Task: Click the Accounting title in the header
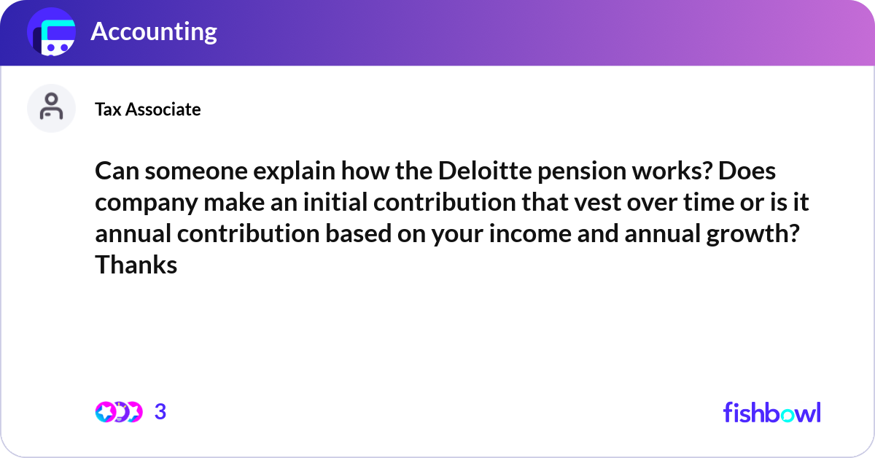pos(154,32)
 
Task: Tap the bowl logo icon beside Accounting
pos(51,31)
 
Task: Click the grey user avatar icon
pos(51,108)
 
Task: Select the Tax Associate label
pos(147,109)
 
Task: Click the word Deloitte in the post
pos(485,171)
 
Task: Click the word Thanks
pos(136,265)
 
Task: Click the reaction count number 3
pos(160,412)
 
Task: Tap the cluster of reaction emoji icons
pos(119,412)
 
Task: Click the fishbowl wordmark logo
pos(772,412)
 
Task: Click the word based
pos(358,233)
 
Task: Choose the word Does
pos(747,171)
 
